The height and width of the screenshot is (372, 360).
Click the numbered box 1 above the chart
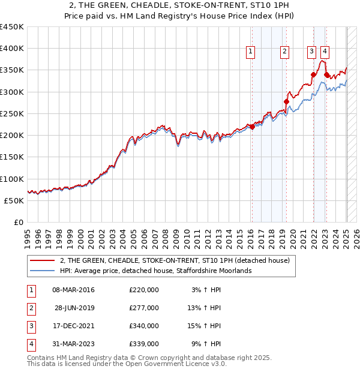click(250, 52)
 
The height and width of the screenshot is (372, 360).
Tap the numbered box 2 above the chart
click(284, 52)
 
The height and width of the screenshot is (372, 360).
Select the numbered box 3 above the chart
click(312, 52)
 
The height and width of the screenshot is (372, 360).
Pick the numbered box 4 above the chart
click(324, 52)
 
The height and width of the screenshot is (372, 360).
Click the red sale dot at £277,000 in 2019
click(286, 102)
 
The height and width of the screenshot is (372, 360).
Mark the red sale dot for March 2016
click(252, 127)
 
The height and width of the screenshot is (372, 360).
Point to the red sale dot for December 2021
click(313, 75)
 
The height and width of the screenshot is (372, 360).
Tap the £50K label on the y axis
click(14, 201)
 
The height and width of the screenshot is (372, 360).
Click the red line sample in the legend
click(41, 260)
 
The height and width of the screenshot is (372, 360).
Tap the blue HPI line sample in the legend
click(41, 271)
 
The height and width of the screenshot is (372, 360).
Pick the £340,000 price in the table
click(144, 326)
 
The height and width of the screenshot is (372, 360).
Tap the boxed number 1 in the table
click(29, 290)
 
